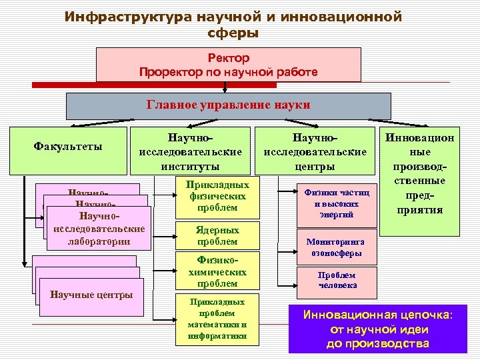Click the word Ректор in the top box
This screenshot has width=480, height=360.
coord(229,59)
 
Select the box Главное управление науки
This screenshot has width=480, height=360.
coord(229,105)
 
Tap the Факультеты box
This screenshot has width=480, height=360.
coord(68,146)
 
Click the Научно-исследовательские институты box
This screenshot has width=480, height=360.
coord(190,151)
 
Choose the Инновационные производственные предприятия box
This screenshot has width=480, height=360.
coord(419,180)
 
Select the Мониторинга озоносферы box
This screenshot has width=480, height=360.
coord(336,247)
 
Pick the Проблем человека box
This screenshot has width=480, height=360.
coord(336,280)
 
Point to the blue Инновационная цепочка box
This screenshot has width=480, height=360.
coord(377,329)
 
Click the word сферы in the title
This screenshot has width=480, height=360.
coord(233,32)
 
